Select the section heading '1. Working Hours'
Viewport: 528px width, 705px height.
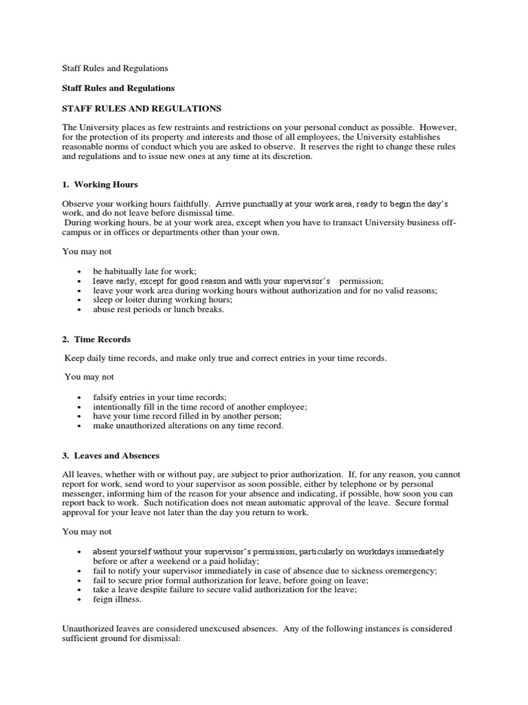(100, 185)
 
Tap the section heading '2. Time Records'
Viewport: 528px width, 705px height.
(96, 339)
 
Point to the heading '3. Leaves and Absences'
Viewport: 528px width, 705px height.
(111, 456)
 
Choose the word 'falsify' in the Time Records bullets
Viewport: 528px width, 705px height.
(107, 397)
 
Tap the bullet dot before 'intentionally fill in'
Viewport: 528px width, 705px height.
(81, 407)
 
